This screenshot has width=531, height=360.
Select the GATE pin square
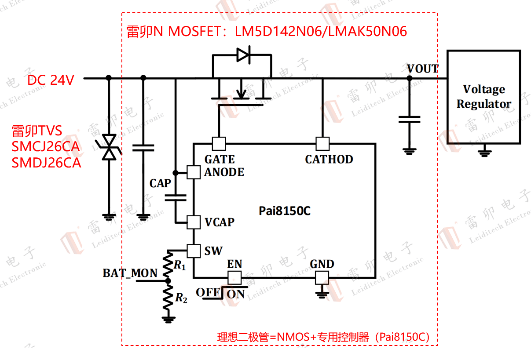tap(219, 143)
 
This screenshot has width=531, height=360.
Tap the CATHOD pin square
tap(322, 143)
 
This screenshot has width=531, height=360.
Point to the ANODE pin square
tap(194, 172)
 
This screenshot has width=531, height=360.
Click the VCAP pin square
tap(194, 222)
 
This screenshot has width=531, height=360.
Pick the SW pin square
tap(194, 251)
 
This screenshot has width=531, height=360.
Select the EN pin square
tap(234, 277)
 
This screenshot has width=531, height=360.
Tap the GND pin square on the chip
tap(322, 277)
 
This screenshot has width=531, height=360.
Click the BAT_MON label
tap(130, 273)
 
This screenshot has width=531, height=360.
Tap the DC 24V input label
tap(51, 80)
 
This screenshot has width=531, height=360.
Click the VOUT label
tap(422, 69)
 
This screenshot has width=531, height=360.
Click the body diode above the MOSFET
tap(243, 55)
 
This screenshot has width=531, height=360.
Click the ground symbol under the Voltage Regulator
tap(484, 153)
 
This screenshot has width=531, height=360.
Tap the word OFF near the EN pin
tap(205, 292)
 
